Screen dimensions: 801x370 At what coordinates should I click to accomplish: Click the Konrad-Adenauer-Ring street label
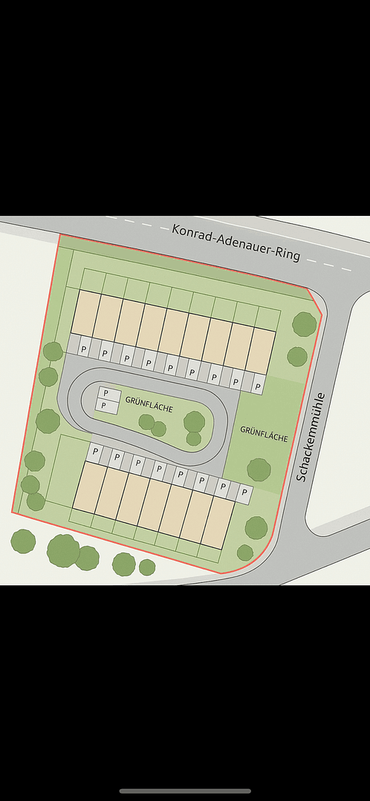236,242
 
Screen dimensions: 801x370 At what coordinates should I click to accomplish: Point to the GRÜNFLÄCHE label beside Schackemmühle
264,433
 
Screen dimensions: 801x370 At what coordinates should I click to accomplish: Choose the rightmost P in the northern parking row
257,386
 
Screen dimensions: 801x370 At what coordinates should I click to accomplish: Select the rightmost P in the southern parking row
243,492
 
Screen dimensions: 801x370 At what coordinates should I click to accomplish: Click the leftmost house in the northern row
86,312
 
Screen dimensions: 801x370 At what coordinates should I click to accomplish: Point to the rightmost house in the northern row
261,350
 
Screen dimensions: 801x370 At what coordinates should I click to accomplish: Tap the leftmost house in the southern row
89,486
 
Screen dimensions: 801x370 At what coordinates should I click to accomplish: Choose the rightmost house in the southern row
218,522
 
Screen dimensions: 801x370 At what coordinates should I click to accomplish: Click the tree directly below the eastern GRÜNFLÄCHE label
259,469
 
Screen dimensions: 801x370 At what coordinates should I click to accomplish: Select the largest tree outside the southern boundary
63,550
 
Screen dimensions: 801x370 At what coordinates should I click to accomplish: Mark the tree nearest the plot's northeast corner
304,324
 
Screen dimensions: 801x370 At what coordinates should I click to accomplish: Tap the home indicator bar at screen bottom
185,791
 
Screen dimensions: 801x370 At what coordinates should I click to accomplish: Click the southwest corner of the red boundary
13,512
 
